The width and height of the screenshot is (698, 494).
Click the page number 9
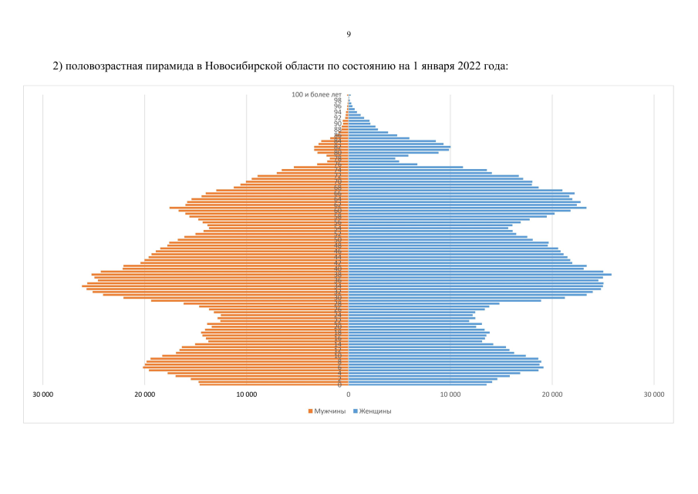[349, 34]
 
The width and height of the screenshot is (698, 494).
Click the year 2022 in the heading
[470, 66]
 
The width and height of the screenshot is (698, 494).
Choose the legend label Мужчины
[329, 411]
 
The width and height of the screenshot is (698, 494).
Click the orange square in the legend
[311, 411]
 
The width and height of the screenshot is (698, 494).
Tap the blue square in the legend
[355, 411]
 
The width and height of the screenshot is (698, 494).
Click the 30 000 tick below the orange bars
[43, 394]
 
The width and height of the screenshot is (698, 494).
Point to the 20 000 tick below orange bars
[145, 394]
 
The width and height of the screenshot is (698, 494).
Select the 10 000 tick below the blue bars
[450, 394]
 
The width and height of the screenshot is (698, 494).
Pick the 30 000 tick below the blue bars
[654, 394]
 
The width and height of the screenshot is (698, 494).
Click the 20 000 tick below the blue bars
[552, 394]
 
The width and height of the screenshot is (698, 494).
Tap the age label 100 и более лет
[316, 94]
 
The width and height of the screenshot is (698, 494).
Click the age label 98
[338, 100]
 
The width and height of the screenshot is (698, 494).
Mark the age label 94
[338, 112]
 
